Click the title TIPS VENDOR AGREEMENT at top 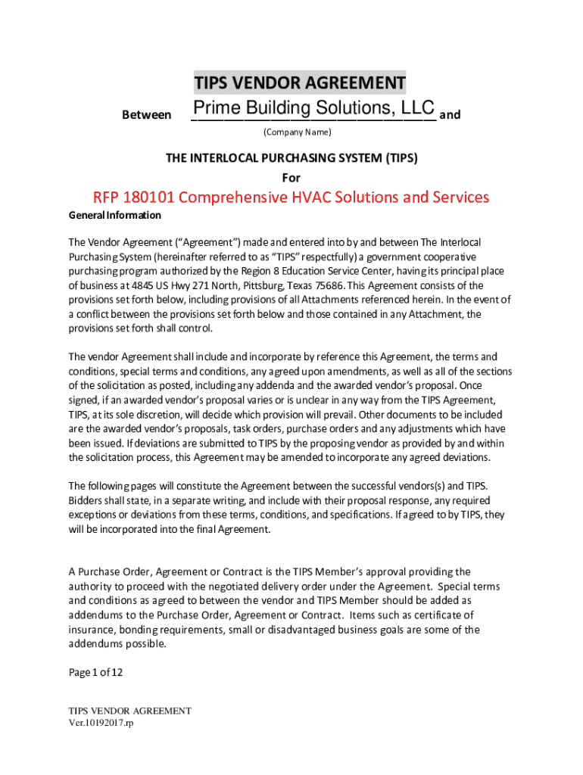click(300, 82)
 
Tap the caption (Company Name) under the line click(298, 132)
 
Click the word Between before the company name click(146, 115)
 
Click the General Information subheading click(115, 216)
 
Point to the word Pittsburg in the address click(254, 285)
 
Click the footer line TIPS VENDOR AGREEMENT click(129, 711)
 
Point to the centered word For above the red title click(291, 178)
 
